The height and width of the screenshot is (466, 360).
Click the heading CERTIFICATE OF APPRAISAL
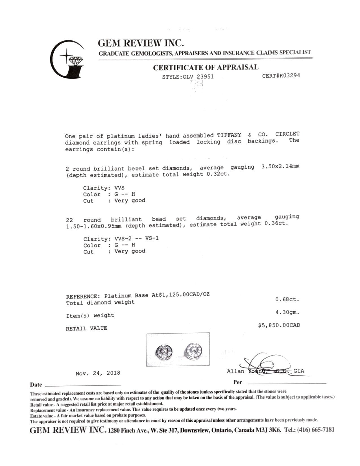[206, 67]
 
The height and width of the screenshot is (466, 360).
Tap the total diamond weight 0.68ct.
[287, 299]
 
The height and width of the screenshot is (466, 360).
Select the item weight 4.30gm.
[287, 312]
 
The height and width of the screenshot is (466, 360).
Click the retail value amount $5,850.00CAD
[279, 325]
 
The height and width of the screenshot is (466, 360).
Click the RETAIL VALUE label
[86, 328]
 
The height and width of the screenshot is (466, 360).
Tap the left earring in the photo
[163, 351]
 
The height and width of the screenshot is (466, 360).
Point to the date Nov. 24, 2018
[98, 373]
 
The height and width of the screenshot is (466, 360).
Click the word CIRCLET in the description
[287, 134]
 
